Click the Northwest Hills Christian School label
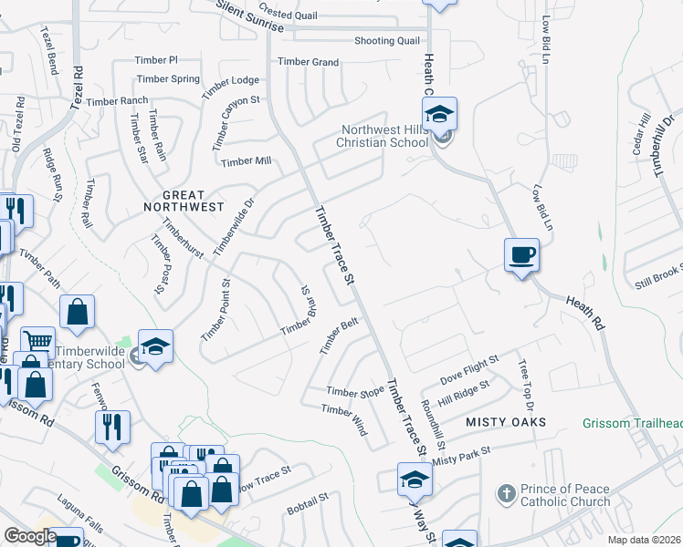coord(384,136)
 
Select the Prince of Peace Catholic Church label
coord(565,495)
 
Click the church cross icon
coord(506,494)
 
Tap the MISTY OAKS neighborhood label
coord(506,422)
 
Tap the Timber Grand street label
coord(309,62)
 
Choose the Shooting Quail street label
coord(387,40)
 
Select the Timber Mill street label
coord(247,161)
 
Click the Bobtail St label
coord(308,501)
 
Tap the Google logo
coord(31,536)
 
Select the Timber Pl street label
coord(156,59)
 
